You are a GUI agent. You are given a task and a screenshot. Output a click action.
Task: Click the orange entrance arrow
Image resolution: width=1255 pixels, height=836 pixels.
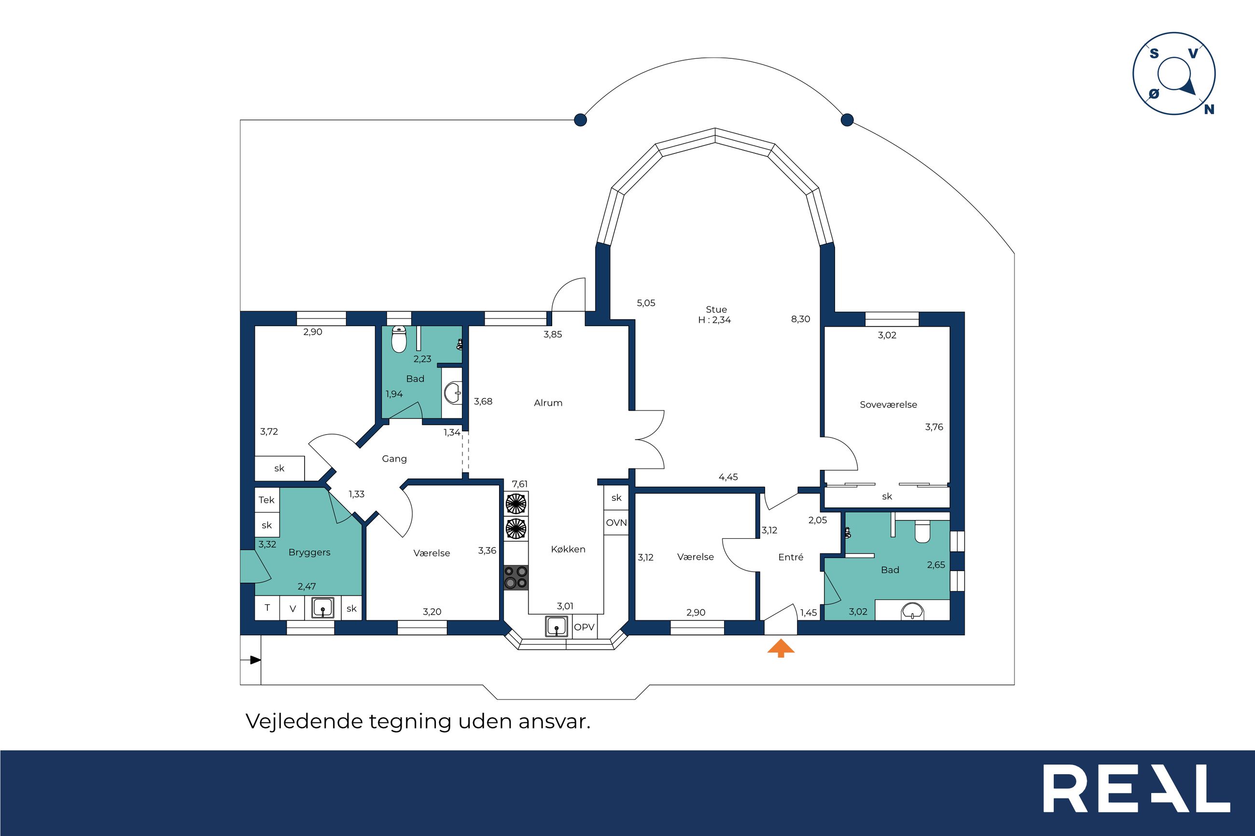781,648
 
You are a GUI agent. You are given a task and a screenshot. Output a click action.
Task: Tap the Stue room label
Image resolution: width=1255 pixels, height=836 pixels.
716,309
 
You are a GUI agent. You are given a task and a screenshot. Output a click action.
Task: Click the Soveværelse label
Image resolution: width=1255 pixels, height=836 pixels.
889,404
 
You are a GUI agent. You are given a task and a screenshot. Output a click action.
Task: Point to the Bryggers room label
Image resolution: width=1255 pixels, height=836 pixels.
309,552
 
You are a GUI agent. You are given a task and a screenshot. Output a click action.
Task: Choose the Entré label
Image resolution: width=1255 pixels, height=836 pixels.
791,557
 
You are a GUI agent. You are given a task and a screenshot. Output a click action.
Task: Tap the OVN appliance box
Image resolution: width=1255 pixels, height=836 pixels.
616,523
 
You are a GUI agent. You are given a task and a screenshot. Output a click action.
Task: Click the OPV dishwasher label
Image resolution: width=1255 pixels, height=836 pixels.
584,627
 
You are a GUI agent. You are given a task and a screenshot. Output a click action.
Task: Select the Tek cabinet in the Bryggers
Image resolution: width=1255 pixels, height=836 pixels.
266,500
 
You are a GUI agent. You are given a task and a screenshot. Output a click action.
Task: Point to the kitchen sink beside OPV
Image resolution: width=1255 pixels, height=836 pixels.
556,626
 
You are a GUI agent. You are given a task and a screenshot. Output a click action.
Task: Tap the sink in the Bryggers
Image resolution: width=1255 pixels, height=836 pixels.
323,608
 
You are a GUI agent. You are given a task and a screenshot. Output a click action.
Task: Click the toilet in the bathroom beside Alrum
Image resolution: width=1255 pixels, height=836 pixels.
399,340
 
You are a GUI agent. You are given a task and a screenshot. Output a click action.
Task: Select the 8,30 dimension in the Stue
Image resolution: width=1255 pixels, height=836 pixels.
800,319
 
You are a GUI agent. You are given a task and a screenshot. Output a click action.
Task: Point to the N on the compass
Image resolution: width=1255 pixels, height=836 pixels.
1210,110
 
